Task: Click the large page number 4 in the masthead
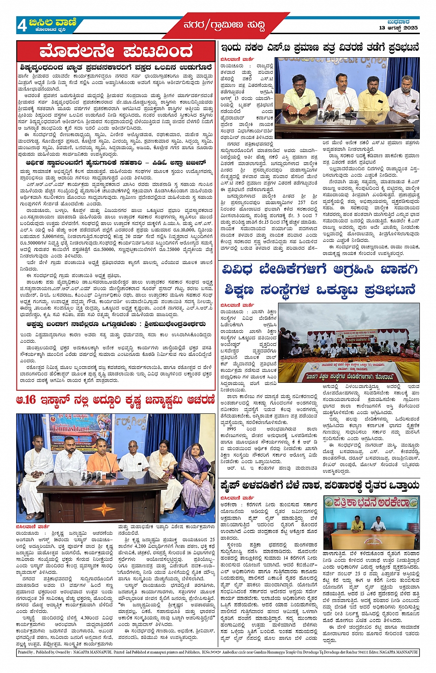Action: click(x=22, y=25)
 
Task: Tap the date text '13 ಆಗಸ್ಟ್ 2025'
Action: click(x=398, y=28)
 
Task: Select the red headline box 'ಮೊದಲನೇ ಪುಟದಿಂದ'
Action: click(x=116, y=51)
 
